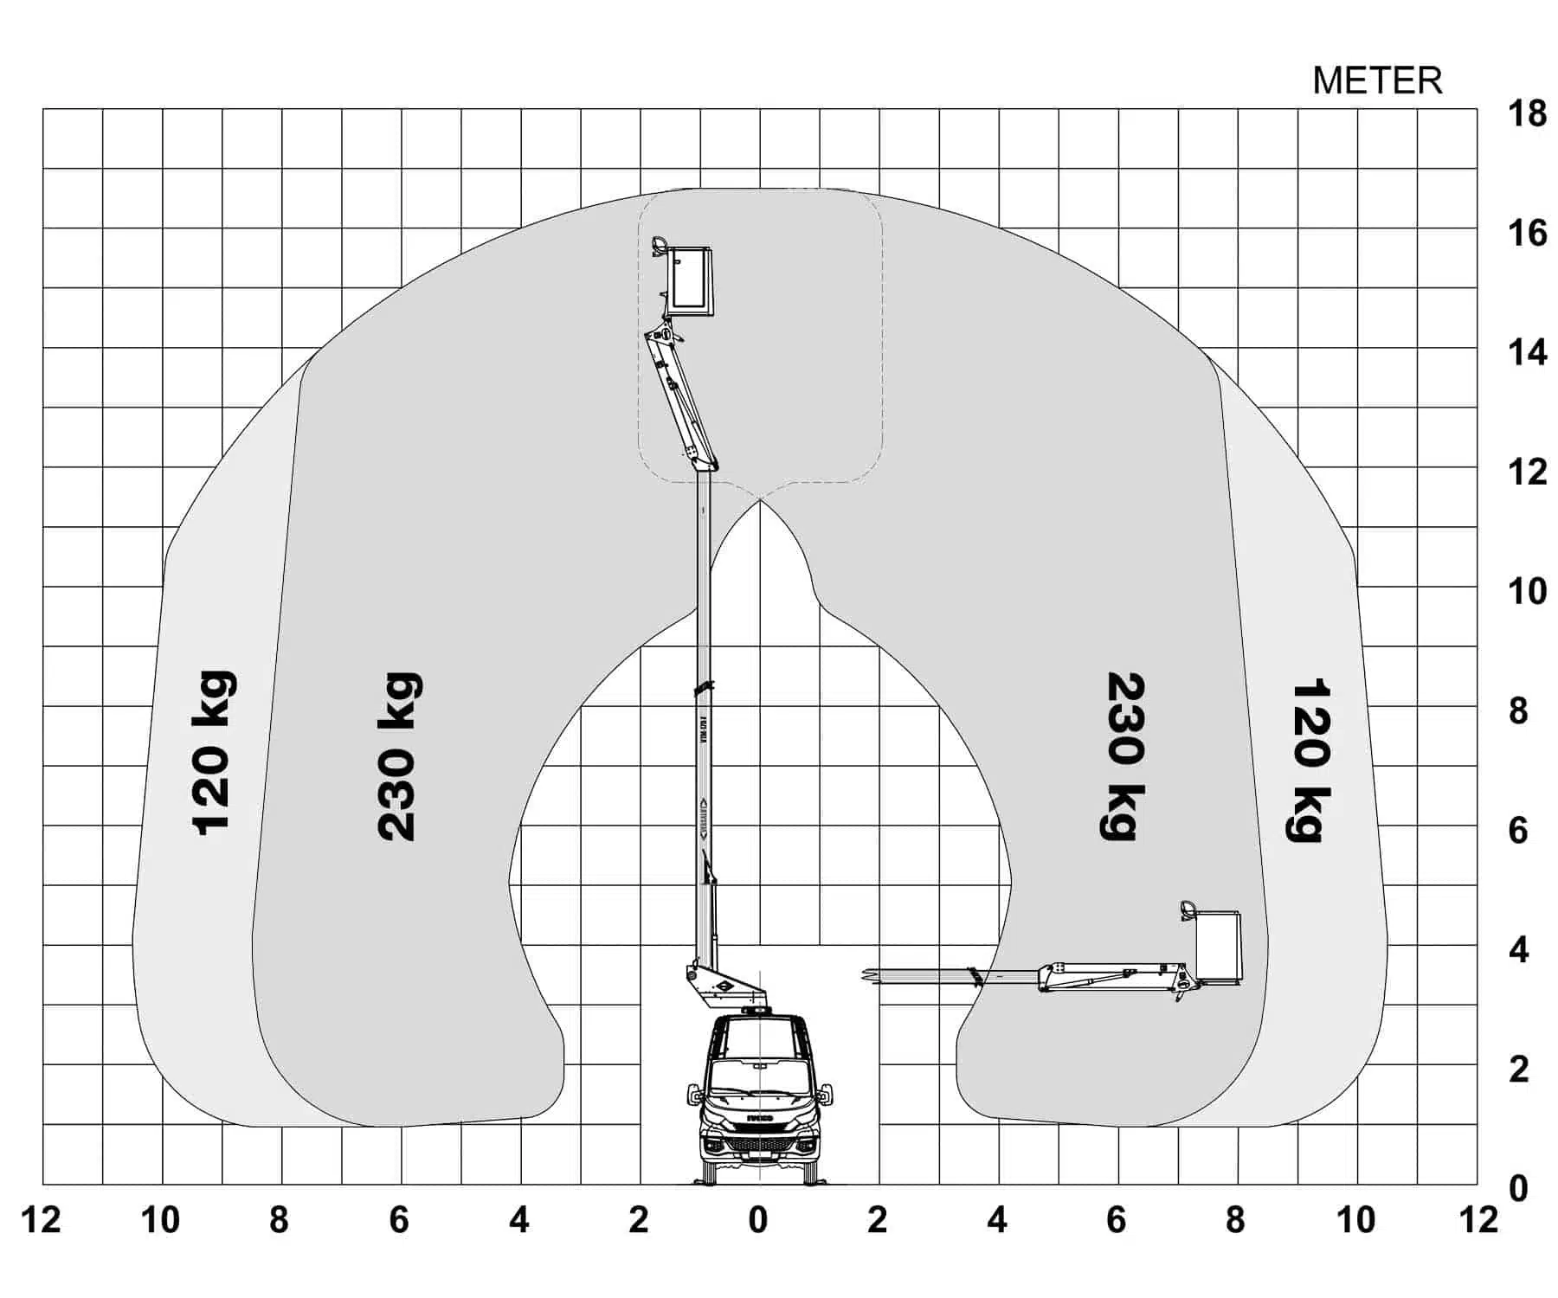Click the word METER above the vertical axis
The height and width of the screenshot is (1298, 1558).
pyautogui.click(x=1377, y=80)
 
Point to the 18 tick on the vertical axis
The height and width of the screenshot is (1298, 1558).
pyautogui.click(x=1527, y=113)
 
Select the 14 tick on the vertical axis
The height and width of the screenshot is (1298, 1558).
pyautogui.click(x=1527, y=352)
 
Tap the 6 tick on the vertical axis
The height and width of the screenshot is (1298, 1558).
pyautogui.click(x=1519, y=831)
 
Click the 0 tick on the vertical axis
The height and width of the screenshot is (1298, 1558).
pyautogui.click(x=1519, y=1189)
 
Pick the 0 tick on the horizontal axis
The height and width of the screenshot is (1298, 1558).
pyautogui.click(x=758, y=1220)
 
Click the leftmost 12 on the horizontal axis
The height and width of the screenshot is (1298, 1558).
pyautogui.click(x=41, y=1220)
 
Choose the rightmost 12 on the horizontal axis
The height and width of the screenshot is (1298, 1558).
pyautogui.click(x=1478, y=1220)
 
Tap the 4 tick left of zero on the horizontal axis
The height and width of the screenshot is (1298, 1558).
pyautogui.click(x=519, y=1220)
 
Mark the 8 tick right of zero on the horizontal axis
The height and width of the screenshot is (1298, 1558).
pyautogui.click(x=1236, y=1220)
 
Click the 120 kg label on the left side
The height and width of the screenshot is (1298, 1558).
pyautogui.click(x=212, y=753)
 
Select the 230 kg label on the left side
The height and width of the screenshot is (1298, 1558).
pyautogui.click(x=399, y=755)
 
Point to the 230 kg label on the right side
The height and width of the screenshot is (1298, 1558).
pyautogui.click(x=1124, y=755)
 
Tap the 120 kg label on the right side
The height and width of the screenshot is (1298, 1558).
pyautogui.click(x=1310, y=760)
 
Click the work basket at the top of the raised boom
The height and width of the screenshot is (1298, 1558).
pyautogui.click(x=690, y=279)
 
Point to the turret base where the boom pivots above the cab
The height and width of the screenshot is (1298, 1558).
pyautogui.click(x=718, y=986)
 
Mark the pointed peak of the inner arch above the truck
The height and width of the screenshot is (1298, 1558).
pyautogui.click(x=759, y=500)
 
